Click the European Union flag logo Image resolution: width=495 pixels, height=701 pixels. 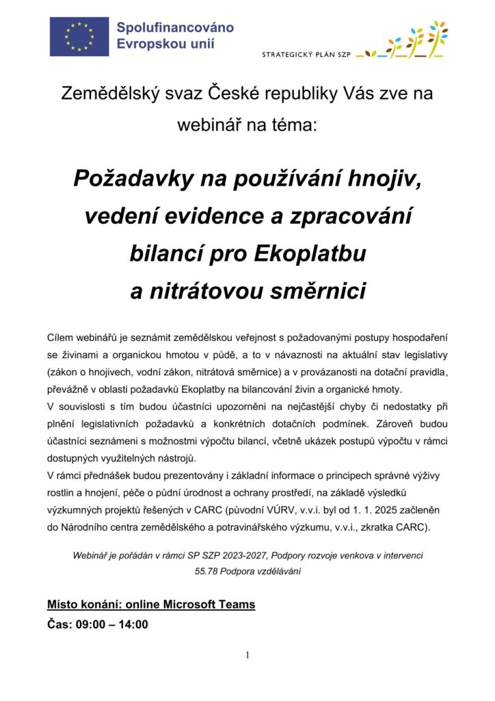(x=79, y=36)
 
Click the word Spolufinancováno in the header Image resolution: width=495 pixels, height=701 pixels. (x=174, y=28)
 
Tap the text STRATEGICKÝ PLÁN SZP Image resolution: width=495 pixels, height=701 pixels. (x=306, y=53)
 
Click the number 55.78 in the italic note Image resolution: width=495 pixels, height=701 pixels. (x=207, y=571)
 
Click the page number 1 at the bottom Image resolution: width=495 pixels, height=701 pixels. (x=247, y=656)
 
